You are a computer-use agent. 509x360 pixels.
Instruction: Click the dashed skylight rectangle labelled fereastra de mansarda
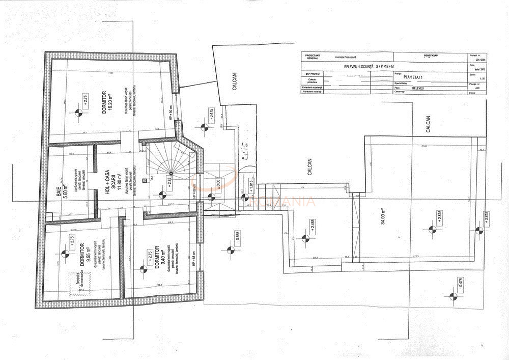[x=80, y=283]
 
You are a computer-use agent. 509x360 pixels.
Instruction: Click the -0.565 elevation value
[x=238, y=238]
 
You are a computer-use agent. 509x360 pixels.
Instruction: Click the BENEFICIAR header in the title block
[x=431, y=55]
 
